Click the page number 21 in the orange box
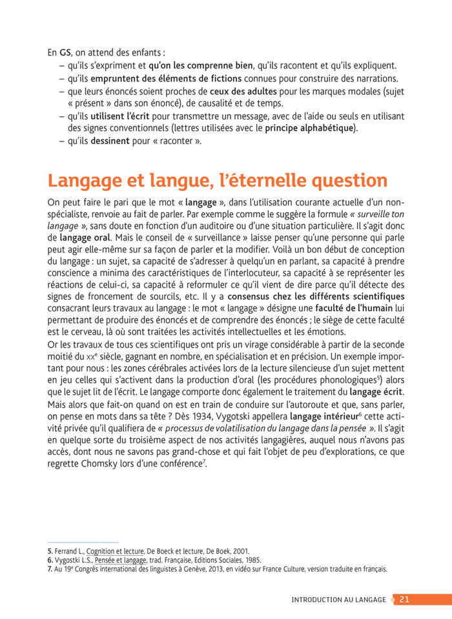404,600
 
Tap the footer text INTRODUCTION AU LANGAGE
338,600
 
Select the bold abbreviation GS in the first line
65,52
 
